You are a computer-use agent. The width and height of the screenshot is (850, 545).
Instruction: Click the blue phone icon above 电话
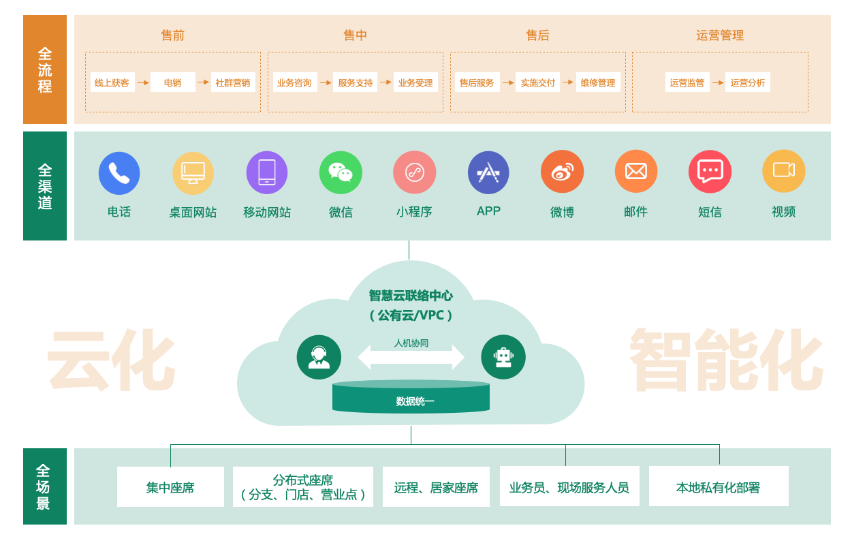click(119, 173)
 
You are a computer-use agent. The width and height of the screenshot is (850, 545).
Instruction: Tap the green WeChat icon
click(341, 172)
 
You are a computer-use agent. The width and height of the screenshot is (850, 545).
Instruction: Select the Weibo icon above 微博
click(562, 172)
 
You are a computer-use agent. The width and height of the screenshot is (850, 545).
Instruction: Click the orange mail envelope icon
click(635, 172)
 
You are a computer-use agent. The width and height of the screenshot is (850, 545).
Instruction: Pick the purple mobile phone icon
click(267, 172)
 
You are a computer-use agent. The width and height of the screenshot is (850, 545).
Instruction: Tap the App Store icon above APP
click(488, 172)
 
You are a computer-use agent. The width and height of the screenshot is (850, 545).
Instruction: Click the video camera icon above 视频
click(783, 171)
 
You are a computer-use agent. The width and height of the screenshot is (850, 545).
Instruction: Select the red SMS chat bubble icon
click(710, 172)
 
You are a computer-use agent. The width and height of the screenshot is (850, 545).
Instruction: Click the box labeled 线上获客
click(112, 82)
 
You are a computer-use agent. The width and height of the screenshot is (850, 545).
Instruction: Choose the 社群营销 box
click(233, 82)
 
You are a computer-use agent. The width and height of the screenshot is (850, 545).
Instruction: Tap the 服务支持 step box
click(355, 82)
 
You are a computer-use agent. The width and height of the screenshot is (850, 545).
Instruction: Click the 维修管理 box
click(598, 82)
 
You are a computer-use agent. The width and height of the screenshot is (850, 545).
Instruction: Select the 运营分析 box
click(748, 82)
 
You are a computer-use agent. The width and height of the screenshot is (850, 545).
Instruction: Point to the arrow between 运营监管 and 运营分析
click(718, 82)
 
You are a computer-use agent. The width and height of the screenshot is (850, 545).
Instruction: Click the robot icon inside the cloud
click(503, 357)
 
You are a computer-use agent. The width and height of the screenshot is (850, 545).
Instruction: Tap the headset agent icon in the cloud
click(319, 357)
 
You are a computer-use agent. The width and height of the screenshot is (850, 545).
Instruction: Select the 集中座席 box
click(170, 487)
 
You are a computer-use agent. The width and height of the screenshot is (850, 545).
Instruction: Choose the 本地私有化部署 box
click(719, 486)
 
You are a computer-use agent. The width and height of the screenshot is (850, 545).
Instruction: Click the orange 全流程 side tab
click(45, 69)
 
